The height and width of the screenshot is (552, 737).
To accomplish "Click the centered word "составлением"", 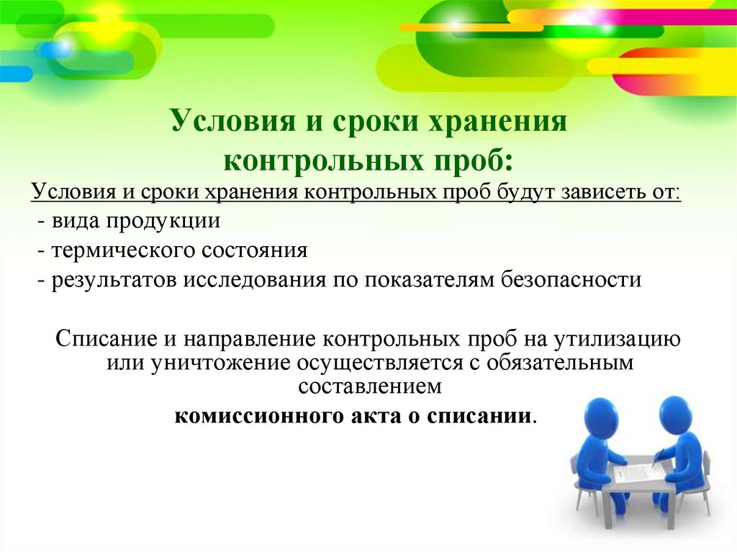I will pos(369,386).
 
